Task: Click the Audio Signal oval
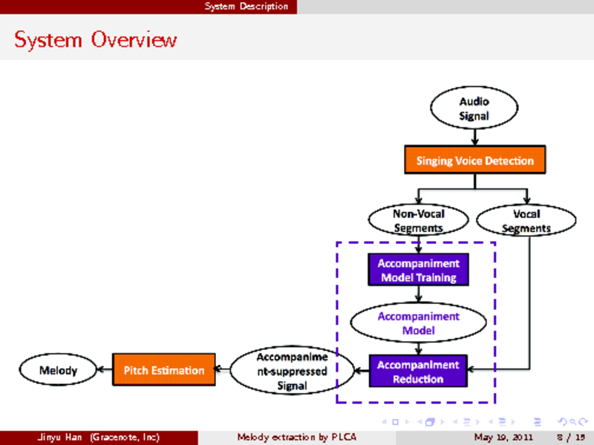tap(473, 108)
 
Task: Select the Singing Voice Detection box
tap(474, 160)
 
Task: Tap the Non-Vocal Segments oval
tap(418, 221)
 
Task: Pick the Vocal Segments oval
tap(526, 221)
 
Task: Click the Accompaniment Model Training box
tap(418, 270)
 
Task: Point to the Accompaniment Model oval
tap(418, 323)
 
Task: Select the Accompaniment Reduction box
tap(418, 372)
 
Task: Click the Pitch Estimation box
tap(163, 369)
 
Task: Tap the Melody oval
tap(58, 369)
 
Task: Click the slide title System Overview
tap(96, 39)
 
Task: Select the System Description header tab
tap(247, 7)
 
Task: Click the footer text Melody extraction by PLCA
tap(296, 437)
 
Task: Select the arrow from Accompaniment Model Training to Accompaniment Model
tap(419, 294)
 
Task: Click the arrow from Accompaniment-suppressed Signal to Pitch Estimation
tap(223, 369)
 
